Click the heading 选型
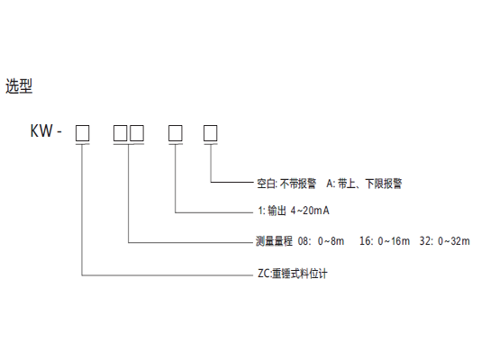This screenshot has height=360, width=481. [19, 85]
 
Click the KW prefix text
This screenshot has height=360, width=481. [41, 130]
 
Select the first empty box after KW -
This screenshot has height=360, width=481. [83, 133]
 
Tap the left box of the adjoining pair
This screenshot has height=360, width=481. [121, 133]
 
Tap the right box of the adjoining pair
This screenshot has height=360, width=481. [137, 133]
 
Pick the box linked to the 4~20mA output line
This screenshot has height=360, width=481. [176, 133]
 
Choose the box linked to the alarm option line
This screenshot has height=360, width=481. [211, 133]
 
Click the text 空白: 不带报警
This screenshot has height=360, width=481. [286, 184]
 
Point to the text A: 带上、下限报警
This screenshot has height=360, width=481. [364, 184]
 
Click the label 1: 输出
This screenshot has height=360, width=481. [272, 211]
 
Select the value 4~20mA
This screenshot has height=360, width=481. [310, 211]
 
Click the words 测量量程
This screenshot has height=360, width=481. [274, 241]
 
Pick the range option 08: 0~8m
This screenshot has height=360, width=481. [321, 241]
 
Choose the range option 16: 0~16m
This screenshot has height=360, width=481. [385, 241]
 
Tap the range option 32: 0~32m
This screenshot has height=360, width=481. [445, 241]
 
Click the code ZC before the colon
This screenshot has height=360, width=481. [264, 274]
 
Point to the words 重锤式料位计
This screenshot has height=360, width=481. [300, 274]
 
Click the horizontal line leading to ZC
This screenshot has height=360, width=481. [168, 275]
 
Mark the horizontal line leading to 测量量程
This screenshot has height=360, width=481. [190, 243]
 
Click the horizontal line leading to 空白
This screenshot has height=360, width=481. [231, 183]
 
